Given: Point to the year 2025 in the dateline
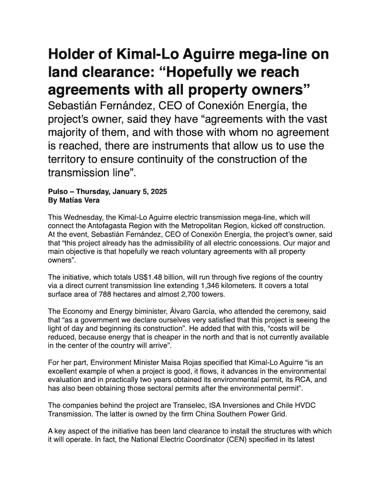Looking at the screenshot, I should click(158, 192).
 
